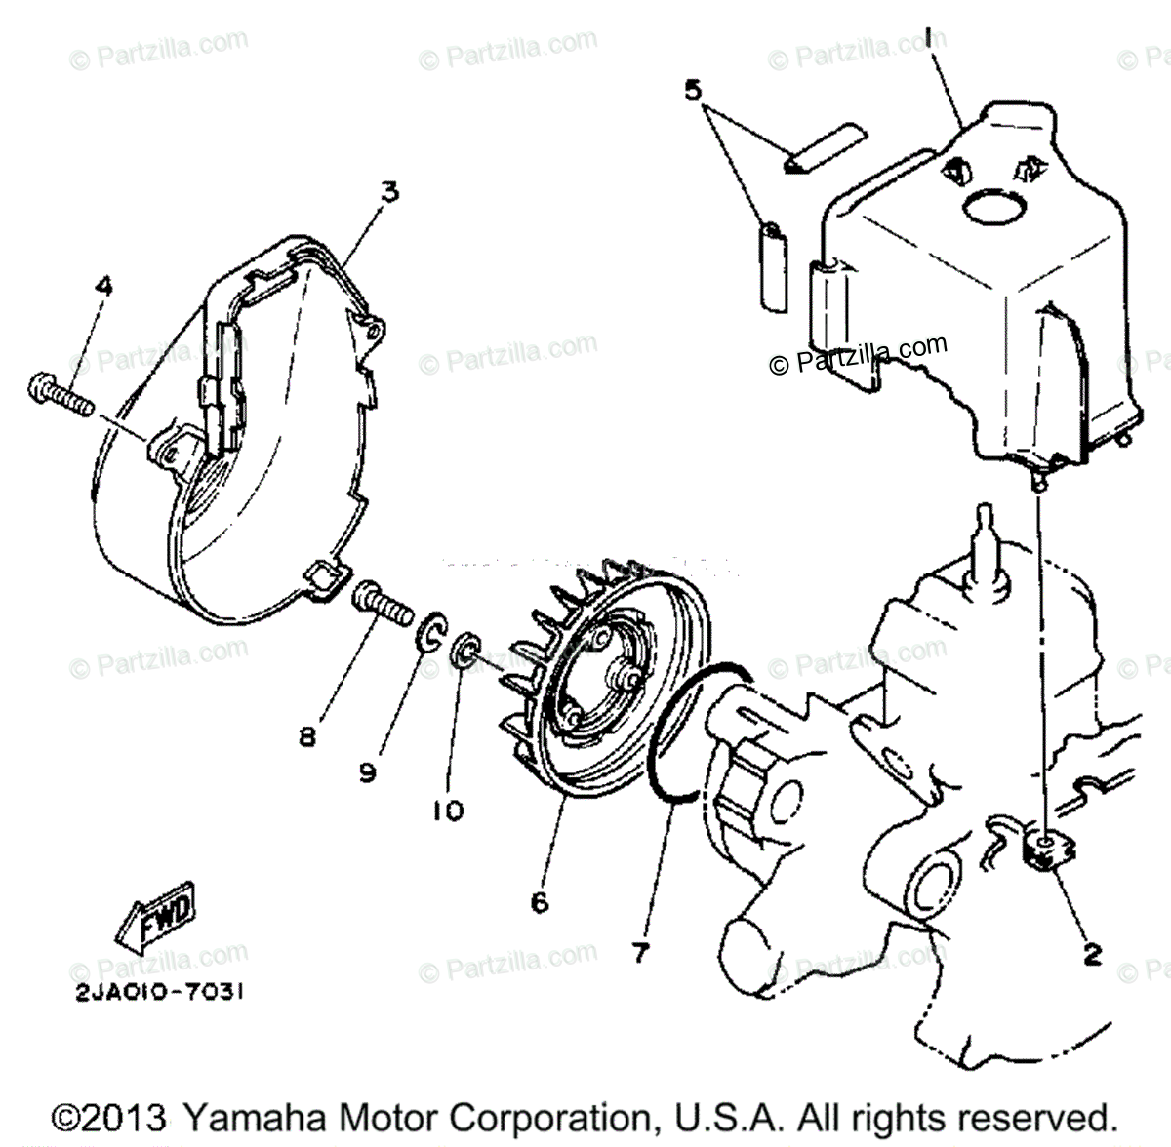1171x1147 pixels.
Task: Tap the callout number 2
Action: pyautogui.click(x=1092, y=953)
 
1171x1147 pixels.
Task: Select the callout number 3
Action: pyautogui.click(x=389, y=192)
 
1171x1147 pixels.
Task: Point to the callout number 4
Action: pyautogui.click(x=103, y=286)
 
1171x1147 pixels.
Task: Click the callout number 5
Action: pyautogui.click(x=692, y=91)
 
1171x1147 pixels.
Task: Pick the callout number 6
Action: pyautogui.click(x=540, y=902)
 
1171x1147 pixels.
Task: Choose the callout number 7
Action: pyautogui.click(x=639, y=951)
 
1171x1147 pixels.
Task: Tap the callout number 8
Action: pyautogui.click(x=308, y=737)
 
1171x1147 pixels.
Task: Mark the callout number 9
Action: pyautogui.click(x=367, y=772)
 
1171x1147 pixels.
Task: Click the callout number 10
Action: pyautogui.click(x=448, y=810)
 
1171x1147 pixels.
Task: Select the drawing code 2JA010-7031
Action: pyautogui.click(x=156, y=992)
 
